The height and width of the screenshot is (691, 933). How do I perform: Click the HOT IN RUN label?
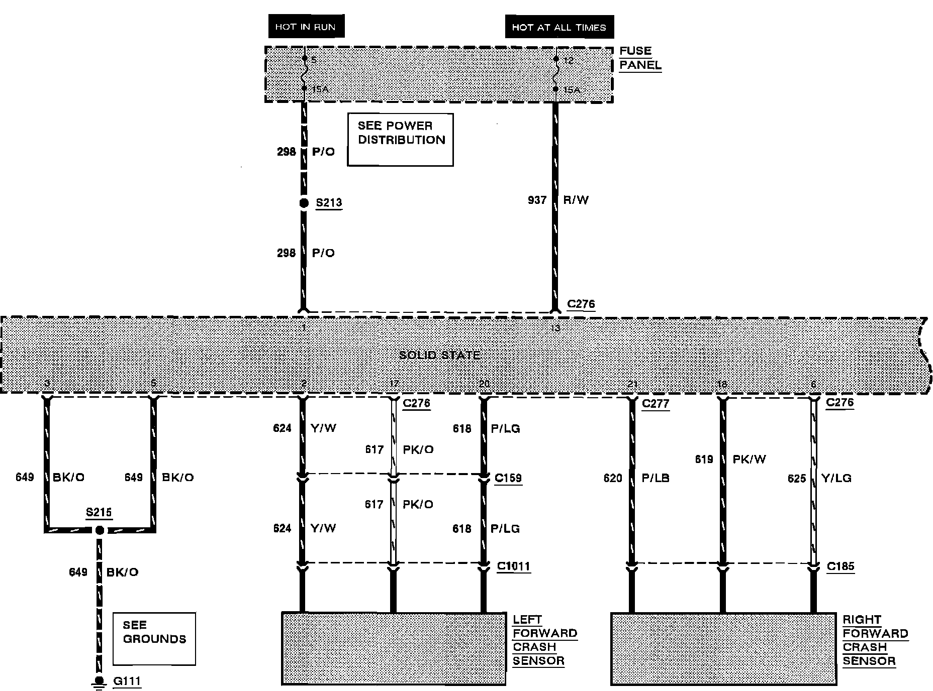306,27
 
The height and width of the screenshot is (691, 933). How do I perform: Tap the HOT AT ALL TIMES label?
559,28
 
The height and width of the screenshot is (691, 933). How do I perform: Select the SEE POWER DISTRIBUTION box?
401,139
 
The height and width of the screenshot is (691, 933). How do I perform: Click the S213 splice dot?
304,203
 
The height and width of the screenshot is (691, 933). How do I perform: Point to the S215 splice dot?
100,530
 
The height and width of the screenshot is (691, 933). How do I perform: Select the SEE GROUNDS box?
154,638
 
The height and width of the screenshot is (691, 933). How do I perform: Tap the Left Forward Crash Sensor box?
394,648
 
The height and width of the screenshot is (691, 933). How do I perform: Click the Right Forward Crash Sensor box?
723,648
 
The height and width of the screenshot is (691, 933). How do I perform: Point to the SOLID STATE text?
439,355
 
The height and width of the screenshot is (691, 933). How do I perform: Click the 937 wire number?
537,200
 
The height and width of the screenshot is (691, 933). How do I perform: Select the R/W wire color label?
576,200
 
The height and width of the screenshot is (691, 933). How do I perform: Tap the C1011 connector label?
513,566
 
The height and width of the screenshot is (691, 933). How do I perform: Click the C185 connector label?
841,566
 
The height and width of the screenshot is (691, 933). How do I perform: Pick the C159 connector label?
508,478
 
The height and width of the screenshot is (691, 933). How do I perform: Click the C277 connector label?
656,403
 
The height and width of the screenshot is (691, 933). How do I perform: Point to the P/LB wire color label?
656,478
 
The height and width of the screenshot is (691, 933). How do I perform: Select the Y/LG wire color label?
836,478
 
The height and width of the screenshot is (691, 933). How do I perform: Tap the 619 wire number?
704,459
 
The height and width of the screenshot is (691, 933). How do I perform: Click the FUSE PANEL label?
640,58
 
